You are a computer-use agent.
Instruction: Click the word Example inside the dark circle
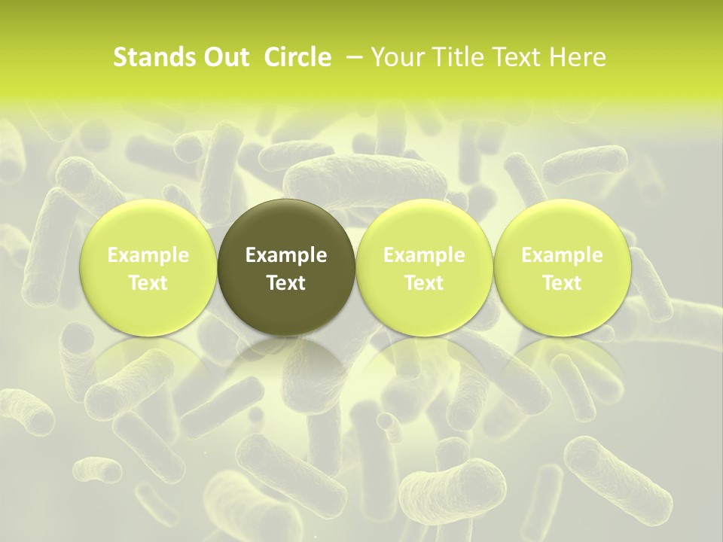pyautogui.click(x=286, y=255)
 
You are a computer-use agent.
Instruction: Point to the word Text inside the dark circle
pyautogui.click(x=286, y=283)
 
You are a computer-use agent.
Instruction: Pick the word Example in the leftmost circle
pyautogui.click(x=148, y=255)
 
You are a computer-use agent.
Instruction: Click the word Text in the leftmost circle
pyautogui.click(x=148, y=283)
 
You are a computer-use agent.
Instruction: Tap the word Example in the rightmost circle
pyautogui.click(x=562, y=255)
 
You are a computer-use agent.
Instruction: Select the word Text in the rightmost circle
pyautogui.click(x=562, y=283)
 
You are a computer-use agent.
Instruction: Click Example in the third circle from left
pyautogui.click(x=424, y=255)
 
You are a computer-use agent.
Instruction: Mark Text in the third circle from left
pyautogui.click(x=424, y=283)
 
